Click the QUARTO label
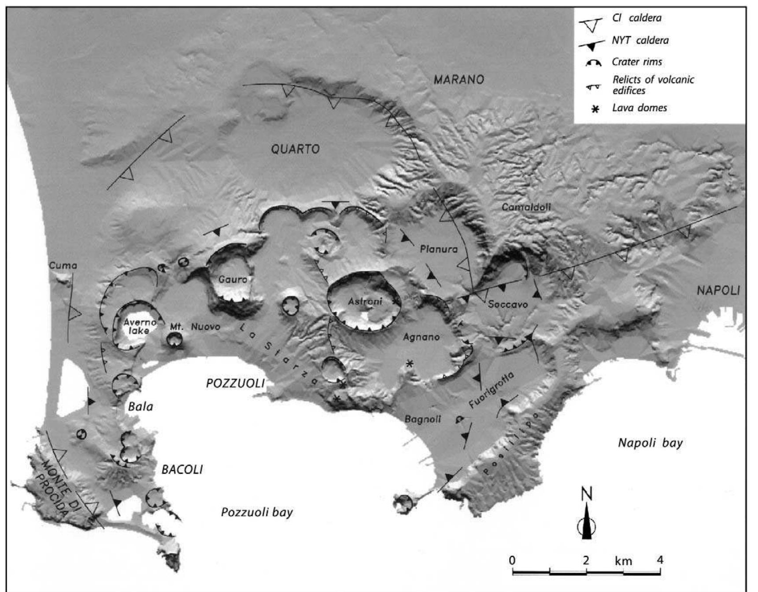pyautogui.click(x=295, y=149)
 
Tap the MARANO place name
pyautogui.click(x=458, y=80)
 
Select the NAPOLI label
pyautogui.click(x=718, y=290)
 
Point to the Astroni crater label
pyautogui.click(x=365, y=302)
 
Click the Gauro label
pyautogui.click(x=233, y=279)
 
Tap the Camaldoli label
pyautogui.click(x=526, y=207)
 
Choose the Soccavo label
pyautogui.click(x=508, y=304)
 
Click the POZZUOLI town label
pyautogui.click(x=235, y=383)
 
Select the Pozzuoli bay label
pyautogui.click(x=257, y=512)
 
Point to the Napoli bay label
pyautogui.click(x=650, y=443)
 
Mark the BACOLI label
pyautogui.click(x=182, y=470)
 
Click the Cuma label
pyautogui.click(x=63, y=265)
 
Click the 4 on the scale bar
pyautogui.click(x=659, y=560)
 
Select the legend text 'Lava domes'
pyautogui.click(x=640, y=108)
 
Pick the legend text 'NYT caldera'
pyautogui.click(x=640, y=40)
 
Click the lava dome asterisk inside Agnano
pyautogui.click(x=410, y=364)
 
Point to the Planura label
pyautogui.click(x=439, y=249)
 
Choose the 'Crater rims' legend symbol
pyautogui.click(x=593, y=63)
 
